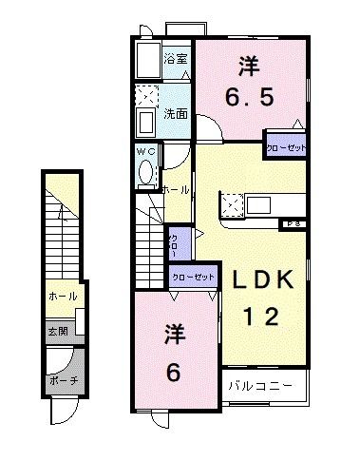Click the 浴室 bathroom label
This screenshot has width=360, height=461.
click(x=176, y=58)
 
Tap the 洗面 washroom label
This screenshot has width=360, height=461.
click(x=175, y=114)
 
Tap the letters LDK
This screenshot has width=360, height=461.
click(x=266, y=280)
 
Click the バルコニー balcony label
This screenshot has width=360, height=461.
click(x=266, y=387)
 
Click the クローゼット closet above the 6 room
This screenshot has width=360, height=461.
click(x=192, y=278)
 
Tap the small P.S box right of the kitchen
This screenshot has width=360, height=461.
click(x=293, y=223)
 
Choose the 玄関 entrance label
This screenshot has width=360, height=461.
click(x=57, y=332)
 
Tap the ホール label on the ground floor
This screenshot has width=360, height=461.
click(x=63, y=296)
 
